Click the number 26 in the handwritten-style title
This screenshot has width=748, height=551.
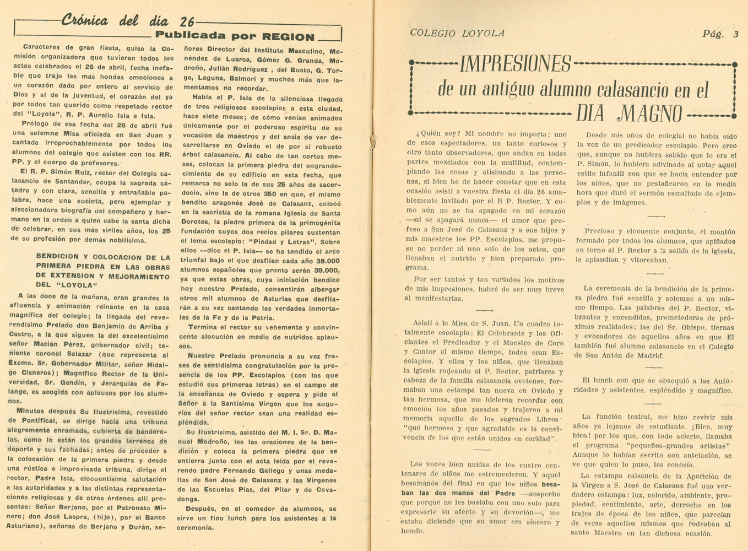click(x=187, y=21)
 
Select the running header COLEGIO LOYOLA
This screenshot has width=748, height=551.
click(x=457, y=34)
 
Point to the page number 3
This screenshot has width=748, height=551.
click(x=735, y=34)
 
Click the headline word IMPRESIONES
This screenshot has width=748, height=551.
click(x=515, y=64)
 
